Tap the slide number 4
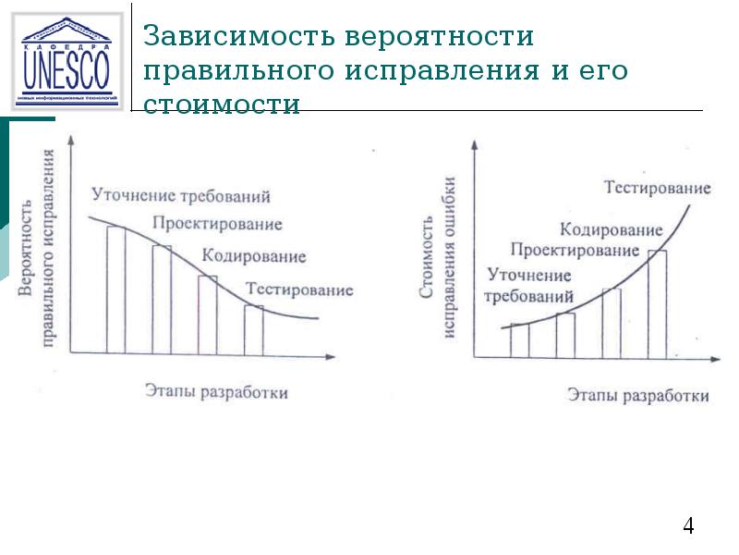point(688,526)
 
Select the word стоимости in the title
point(223,105)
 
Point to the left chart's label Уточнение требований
point(180,195)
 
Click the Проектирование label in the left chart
point(218,223)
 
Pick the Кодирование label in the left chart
point(253,256)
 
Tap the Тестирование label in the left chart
point(298,290)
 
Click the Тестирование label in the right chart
point(658,188)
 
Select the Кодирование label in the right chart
point(611,229)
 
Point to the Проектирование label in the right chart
point(575,250)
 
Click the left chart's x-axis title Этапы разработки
point(216,391)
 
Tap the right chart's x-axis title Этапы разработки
point(638,395)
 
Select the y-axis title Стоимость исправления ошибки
point(438,277)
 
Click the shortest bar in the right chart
point(520,340)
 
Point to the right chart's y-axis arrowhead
point(475,145)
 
